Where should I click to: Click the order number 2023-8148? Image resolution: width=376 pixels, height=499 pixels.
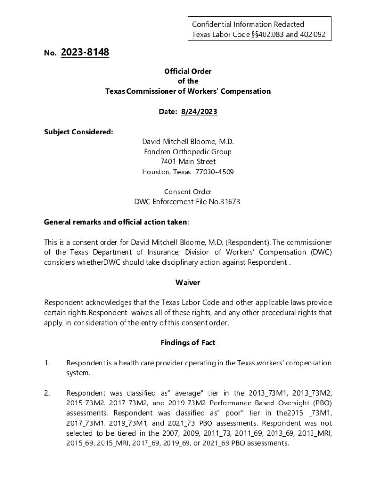[x=85, y=52]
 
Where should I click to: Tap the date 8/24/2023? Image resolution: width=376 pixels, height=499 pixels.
[x=199, y=112]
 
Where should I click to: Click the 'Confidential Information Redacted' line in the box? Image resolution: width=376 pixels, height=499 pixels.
[x=248, y=24]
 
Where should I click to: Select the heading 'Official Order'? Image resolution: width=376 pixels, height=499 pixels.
[x=188, y=71]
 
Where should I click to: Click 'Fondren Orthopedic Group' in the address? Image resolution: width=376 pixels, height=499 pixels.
[x=188, y=152]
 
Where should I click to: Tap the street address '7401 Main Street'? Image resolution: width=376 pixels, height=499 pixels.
[x=188, y=162]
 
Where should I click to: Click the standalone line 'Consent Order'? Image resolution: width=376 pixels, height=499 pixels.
[x=188, y=192]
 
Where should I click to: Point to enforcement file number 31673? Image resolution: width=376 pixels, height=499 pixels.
[x=231, y=202]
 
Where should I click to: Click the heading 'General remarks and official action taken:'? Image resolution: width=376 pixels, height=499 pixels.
[x=116, y=222]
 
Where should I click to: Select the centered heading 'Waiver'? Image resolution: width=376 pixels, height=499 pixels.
[x=188, y=283]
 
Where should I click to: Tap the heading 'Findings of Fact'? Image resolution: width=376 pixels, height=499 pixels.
[x=188, y=343]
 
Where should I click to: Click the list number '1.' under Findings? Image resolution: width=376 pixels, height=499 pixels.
[x=47, y=363]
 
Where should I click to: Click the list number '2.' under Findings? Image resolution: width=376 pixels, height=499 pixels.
[x=47, y=393]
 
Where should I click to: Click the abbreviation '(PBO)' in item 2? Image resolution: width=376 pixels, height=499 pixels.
[x=322, y=403]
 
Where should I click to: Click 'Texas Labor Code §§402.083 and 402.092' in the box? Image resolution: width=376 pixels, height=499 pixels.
[x=259, y=35]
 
